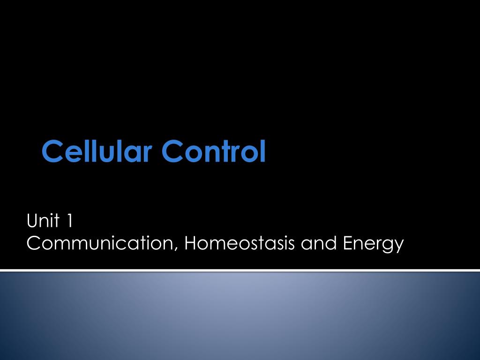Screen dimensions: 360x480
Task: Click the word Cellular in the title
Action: tap(97, 151)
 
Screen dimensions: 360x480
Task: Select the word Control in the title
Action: tap(214, 151)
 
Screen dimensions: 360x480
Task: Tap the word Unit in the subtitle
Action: tap(44, 220)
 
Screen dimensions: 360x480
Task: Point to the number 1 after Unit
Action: tap(70, 220)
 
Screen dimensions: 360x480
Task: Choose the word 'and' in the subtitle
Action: tap(315, 244)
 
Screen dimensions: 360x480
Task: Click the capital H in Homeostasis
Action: tap(190, 243)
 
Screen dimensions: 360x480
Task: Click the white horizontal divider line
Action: tap(240, 270)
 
